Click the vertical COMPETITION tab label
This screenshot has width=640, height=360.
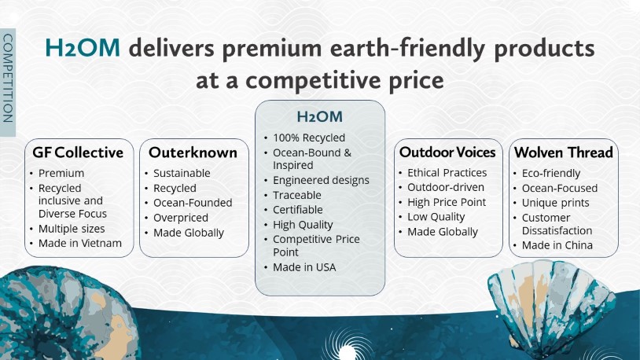[8, 78]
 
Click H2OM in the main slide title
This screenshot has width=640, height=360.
[83, 47]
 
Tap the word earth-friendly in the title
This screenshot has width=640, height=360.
[407, 49]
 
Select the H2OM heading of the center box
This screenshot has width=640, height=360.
[319, 117]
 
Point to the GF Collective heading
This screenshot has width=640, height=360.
[78, 152]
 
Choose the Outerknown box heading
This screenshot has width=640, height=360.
[193, 152]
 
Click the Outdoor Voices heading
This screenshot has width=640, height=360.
[447, 152]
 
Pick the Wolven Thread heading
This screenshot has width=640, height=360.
[564, 152]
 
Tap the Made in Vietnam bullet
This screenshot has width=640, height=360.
[80, 243]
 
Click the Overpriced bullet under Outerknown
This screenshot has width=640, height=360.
[181, 218]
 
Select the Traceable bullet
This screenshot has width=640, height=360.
[297, 195]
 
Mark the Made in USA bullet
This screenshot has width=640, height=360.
[304, 267]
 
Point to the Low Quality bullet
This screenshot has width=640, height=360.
[436, 217]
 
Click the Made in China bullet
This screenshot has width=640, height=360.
[557, 245]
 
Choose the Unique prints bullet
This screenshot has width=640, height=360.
[556, 203]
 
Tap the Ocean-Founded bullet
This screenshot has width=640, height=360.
[193, 203]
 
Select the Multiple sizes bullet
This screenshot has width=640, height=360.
[72, 229]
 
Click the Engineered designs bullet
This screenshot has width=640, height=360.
[322, 181]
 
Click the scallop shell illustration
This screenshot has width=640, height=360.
[552, 307]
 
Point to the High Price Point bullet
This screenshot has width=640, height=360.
[447, 203]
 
